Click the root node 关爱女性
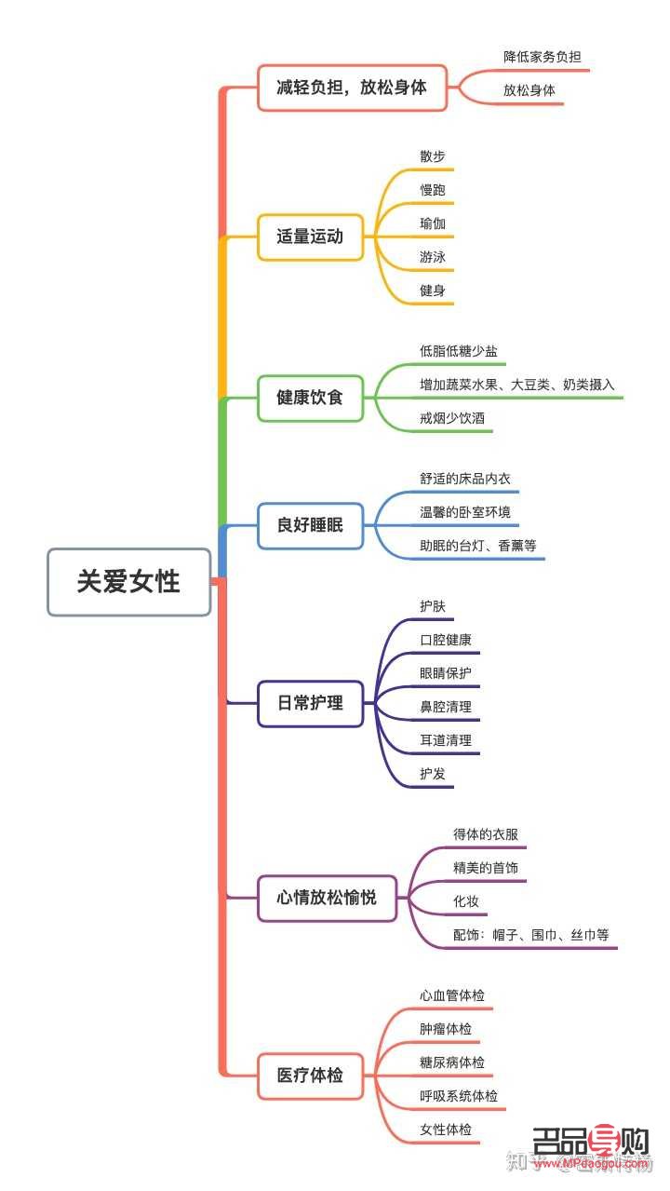(x=128, y=582)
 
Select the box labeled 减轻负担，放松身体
(x=352, y=88)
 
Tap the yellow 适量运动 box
(x=310, y=237)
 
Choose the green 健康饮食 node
(x=310, y=398)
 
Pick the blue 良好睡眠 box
(x=310, y=525)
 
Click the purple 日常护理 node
(x=310, y=703)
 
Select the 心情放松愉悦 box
(x=327, y=899)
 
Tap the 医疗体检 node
(x=310, y=1076)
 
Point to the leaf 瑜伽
(x=433, y=223)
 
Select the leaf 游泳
(x=433, y=257)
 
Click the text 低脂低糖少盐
(x=458, y=351)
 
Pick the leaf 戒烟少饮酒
(x=451, y=419)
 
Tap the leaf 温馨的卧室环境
(x=464, y=512)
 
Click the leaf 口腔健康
(x=445, y=640)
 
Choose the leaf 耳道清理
(x=445, y=740)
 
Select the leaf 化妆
(x=466, y=901)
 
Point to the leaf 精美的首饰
(x=485, y=868)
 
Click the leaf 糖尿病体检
(x=451, y=1062)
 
